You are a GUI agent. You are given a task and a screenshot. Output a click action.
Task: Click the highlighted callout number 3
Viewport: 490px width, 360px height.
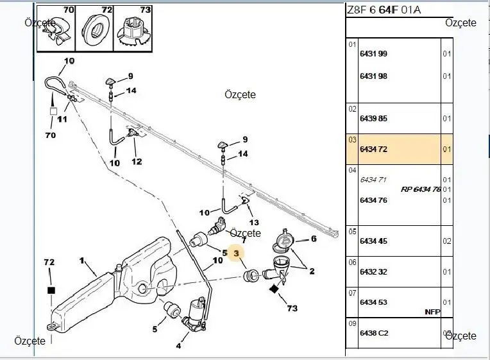tap(236, 253)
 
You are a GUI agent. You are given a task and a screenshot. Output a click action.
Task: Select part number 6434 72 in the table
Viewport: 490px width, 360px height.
tap(373, 149)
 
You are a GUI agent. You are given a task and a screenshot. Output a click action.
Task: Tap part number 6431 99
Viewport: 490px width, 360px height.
tap(373, 54)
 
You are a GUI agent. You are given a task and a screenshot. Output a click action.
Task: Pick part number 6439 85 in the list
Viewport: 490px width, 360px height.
tap(373, 119)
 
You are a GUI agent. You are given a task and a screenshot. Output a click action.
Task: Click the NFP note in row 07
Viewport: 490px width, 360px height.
tap(432, 312)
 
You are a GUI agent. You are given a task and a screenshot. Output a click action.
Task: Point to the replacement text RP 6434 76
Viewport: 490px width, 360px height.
tap(421, 189)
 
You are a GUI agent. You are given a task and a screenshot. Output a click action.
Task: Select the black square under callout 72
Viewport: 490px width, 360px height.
tap(51, 290)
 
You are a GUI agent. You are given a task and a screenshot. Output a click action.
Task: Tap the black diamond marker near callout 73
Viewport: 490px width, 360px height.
tap(274, 289)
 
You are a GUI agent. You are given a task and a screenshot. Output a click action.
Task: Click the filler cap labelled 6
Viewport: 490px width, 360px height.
tap(283, 241)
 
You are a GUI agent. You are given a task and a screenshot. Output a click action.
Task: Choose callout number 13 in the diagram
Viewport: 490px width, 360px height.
tap(254, 223)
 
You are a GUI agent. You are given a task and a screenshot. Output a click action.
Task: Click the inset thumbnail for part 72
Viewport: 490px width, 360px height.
tap(94, 29)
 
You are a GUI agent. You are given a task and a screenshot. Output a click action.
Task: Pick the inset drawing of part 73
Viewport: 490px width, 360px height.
tap(133, 29)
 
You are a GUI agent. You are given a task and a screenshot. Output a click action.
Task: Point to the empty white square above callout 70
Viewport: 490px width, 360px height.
tap(53, 111)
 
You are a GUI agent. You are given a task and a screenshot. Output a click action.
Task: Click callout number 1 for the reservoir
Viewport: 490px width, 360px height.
tap(82, 261)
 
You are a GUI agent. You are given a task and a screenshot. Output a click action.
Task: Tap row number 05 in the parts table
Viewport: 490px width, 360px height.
tap(352, 232)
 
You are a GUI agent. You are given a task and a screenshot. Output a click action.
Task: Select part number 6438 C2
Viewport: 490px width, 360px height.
tap(374, 333)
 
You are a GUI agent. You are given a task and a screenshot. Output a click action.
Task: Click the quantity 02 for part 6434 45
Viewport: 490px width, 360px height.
tap(447, 241)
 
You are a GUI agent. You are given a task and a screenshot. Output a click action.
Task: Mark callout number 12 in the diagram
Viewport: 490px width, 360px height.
tap(137, 162)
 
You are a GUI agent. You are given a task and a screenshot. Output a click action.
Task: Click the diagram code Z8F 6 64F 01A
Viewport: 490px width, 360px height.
tap(384, 10)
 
